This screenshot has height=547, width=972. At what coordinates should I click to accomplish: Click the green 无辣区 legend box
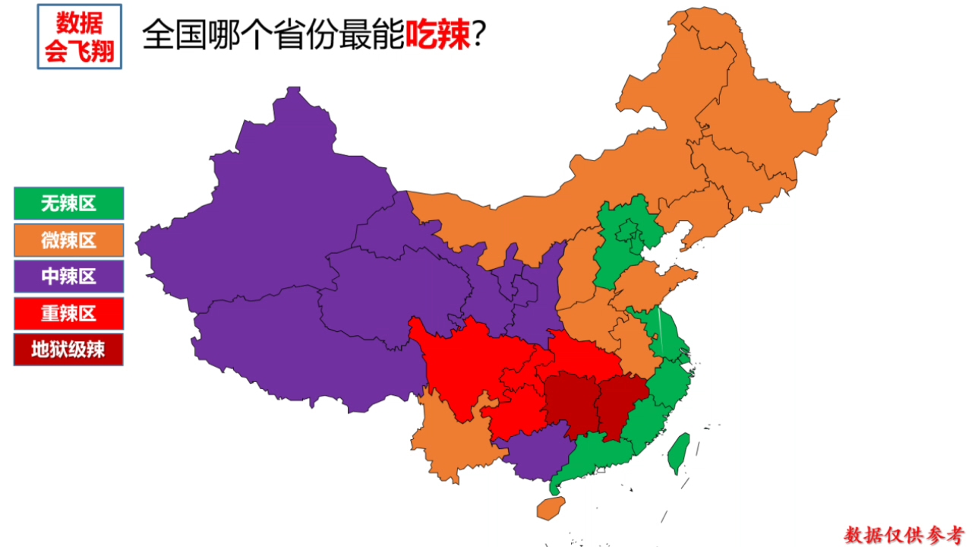click(x=68, y=204)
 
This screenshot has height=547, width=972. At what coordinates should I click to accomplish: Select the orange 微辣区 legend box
click(x=68, y=240)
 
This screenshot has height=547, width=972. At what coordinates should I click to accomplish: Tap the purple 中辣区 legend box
click(x=68, y=277)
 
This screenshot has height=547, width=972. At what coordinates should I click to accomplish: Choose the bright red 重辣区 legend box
click(x=68, y=313)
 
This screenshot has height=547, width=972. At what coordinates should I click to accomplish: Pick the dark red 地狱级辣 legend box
click(x=68, y=349)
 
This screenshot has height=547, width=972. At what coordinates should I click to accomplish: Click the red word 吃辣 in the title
click(x=438, y=33)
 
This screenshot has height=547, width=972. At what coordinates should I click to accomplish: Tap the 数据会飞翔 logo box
click(x=80, y=36)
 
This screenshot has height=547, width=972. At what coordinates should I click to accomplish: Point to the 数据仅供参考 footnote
click(x=904, y=534)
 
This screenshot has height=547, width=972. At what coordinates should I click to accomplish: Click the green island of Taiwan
click(x=678, y=453)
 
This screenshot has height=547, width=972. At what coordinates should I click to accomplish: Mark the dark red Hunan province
click(x=570, y=403)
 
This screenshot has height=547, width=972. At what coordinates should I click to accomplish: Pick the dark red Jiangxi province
click(x=619, y=403)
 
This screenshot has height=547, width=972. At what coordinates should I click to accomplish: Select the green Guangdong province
click(x=600, y=456)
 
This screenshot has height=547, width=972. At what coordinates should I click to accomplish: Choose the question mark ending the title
click(x=479, y=35)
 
